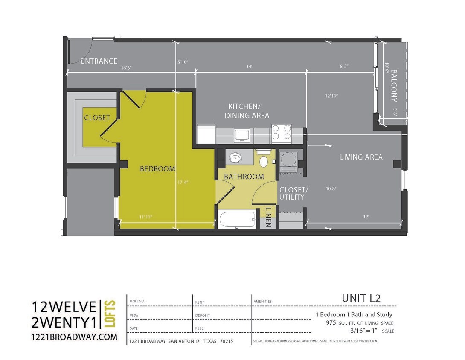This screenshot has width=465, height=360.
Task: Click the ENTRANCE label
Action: tap(99, 61)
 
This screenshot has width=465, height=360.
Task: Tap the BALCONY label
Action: tap(394, 85)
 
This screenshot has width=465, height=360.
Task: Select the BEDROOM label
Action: tap(157, 169)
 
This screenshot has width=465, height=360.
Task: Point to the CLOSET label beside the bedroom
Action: tap(97, 118)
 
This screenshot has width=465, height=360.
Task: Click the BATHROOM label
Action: tap(244, 177)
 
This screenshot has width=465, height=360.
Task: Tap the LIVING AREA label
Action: tap(361, 157)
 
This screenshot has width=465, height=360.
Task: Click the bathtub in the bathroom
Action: tap(237, 220)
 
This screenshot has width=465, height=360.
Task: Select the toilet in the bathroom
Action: tap(264, 161)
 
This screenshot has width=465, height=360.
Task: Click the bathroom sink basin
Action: tap(235, 159)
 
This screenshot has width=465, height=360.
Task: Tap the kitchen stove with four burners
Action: tap(282, 132)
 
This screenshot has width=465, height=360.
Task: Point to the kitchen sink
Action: tap(242, 135)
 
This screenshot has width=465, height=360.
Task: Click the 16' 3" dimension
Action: tap(126, 67)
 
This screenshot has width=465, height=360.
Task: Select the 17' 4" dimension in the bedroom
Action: tap(183, 182)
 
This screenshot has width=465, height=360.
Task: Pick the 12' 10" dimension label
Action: tap(331, 96)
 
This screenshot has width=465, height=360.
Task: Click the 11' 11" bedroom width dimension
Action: tap(145, 217)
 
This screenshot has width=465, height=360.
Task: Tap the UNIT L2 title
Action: tap(360, 298)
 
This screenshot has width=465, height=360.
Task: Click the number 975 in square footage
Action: tap(331, 323)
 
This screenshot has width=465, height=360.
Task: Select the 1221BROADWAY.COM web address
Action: tap(75, 337)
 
